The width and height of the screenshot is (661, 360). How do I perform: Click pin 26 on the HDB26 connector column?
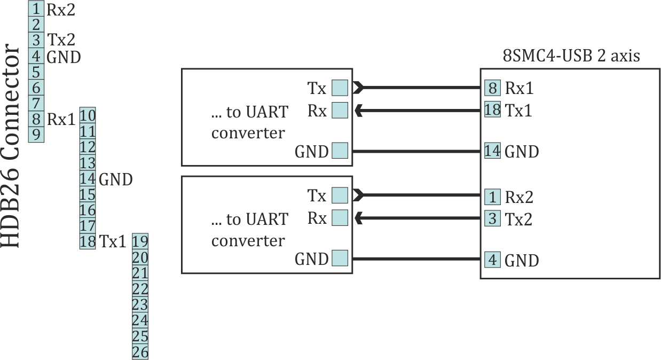(x=140, y=352)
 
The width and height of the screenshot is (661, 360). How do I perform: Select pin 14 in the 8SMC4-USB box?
(x=492, y=151)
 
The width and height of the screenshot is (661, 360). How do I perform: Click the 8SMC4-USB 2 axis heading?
(x=571, y=56)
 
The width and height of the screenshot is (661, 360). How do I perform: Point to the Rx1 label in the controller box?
(x=519, y=88)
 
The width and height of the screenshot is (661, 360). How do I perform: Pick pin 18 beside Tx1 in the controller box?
(x=492, y=110)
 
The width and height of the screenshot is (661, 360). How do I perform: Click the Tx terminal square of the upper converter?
(x=340, y=87)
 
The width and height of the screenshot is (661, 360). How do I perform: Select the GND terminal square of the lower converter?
(x=340, y=259)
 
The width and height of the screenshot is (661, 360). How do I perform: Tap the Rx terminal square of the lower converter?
(x=340, y=218)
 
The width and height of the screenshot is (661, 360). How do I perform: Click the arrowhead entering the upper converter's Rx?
(x=359, y=111)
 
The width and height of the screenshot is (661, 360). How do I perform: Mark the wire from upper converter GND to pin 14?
(x=416, y=151)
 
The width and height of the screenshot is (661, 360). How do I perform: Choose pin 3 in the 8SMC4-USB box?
(x=492, y=218)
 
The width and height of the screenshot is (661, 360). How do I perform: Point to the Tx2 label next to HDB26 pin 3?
(x=61, y=40)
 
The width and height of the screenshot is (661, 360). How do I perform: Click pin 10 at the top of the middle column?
(x=88, y=115)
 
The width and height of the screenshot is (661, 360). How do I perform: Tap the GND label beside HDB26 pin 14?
(x=115, y=179)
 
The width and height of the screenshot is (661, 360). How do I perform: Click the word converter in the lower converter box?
(x=248, y=240)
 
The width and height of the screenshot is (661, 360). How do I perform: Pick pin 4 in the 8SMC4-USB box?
(x=492, y=261)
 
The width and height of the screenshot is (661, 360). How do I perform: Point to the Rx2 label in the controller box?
(x=519, y=197)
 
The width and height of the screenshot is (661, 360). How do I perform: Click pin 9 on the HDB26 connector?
(x=36, y=134)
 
